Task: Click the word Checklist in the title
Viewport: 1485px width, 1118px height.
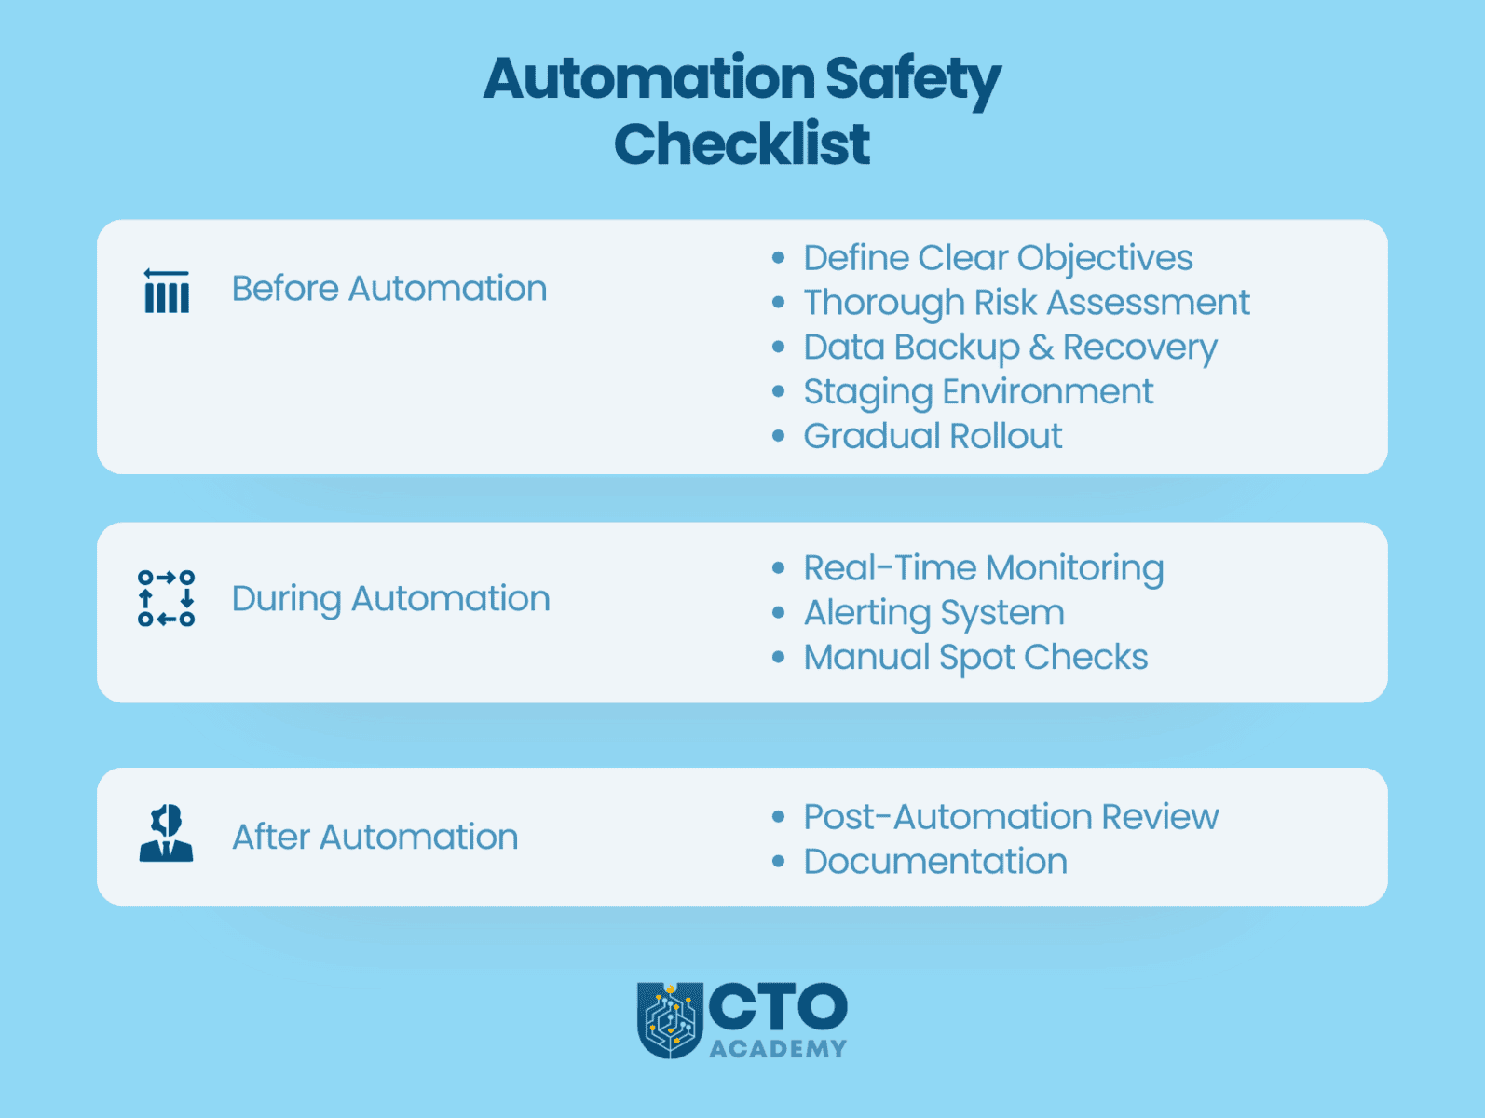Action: [742, 144]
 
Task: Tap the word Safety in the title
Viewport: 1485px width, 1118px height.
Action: [912, 79]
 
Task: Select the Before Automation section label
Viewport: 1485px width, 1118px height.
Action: [388, 289]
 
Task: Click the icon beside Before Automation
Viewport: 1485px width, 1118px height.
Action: [167, 291]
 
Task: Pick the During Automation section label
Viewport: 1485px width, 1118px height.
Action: [390, 599]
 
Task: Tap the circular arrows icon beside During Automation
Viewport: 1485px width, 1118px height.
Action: [167, 598]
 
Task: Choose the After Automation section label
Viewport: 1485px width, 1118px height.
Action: [375, 837]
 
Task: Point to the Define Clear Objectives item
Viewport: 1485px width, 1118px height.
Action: [998, 258]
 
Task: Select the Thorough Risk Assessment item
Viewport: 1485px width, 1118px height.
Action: [1026, 303]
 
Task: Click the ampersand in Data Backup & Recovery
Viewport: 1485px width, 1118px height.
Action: [1042, 348]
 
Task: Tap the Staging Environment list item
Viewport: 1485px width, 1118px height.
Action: [978, 392]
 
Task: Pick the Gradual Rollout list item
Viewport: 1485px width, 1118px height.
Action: [933, 436]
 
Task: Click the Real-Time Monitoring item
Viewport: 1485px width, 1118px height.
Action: [983, 568]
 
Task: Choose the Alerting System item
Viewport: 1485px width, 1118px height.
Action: [933, 613]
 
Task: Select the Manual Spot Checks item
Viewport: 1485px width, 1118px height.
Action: [975, 658]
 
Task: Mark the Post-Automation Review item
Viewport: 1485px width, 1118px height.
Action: [1011, 817]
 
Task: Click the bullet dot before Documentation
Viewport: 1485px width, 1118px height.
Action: [779, 862]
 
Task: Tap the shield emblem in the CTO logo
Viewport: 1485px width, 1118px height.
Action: [669, 1020]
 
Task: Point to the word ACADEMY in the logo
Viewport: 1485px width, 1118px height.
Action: [778, 1049]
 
